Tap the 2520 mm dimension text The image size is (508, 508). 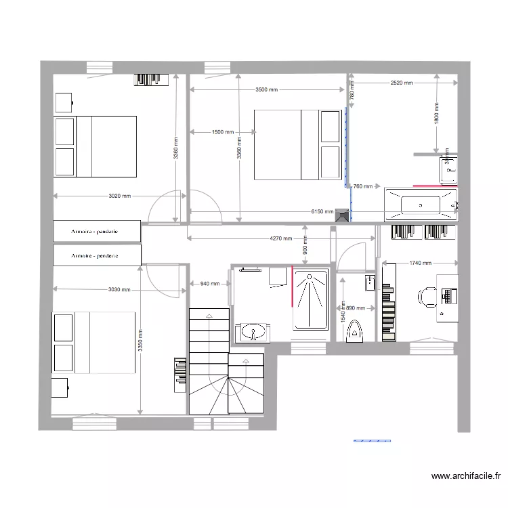(x=402, y=83)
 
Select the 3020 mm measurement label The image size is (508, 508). (x=119, y=196)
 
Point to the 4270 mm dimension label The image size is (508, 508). (x=281, y=238)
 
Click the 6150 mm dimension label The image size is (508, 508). (x=322, y=211)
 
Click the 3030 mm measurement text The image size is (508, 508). (x=119, y=290)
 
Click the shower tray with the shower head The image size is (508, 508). (x=310, y=299)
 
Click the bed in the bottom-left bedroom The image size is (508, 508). (x=95, y=342)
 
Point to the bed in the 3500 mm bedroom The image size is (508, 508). (x=297, y=144)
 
